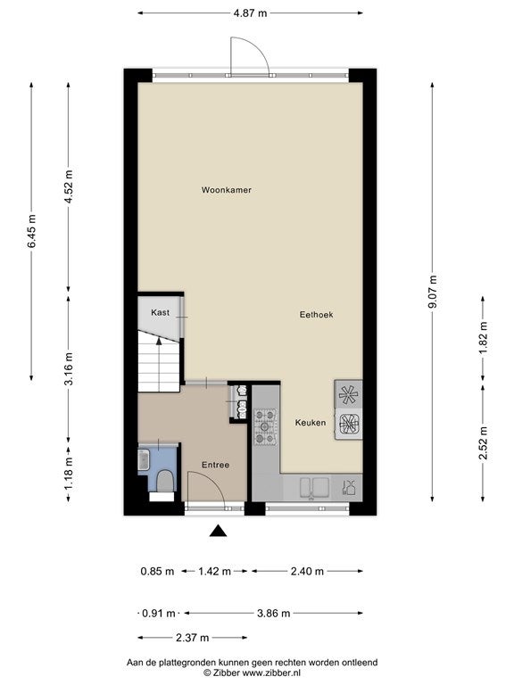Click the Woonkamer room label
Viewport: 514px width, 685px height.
pyautogui.click(x=226, y=190)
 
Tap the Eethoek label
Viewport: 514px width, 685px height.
pyautogui.click(x=316, y=315)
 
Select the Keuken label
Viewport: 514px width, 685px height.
pyautogui.click(x=311, y=423)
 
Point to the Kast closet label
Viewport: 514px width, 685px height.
pyautogui.click(x=160, y=312)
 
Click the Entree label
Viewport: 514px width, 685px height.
pyautogui.click(x=215, y=466)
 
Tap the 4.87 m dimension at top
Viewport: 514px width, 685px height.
pyautogui.click(x=250, y=13)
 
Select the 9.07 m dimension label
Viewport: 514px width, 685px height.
pyautogui.click(x=433, y=292)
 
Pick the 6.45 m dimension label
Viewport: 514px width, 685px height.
pyautogui.click(x=31, y=231)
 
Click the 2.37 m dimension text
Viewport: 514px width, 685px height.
pyautogui.click(x=193, y=638)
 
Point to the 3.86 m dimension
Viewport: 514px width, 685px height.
pyautogui.click(x=274, y=614)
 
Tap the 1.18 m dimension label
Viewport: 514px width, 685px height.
pyautogui.click(x=69, y=474)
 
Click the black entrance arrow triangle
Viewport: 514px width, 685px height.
pyautogui.click(x=219, y=531)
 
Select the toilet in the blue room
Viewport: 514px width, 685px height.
pyautogui.click(x=165, y=481)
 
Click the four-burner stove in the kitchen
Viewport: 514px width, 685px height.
pyautogui.click(x=266, y=426)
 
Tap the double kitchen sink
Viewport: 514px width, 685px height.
pyautogui.click(x=314, y=488)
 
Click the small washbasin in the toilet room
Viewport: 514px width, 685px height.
pyautogui.click(x=144, y=460)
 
